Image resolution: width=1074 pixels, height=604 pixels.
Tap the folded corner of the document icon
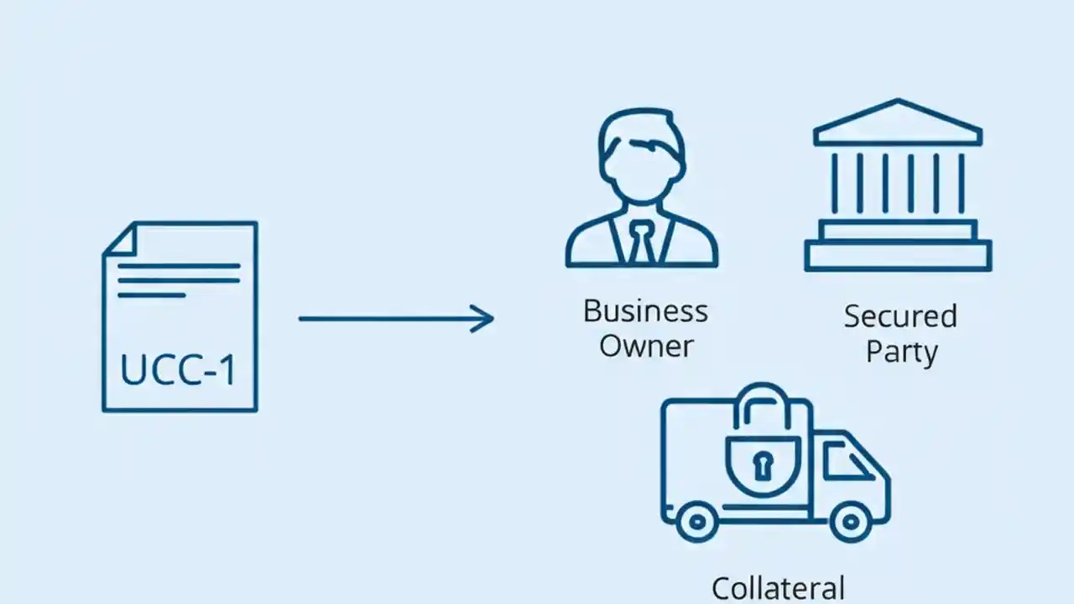(119, 238)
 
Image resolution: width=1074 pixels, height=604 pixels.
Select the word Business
(645, 311)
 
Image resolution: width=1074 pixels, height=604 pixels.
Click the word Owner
(646, 346)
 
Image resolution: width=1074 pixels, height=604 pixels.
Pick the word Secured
(900, 316)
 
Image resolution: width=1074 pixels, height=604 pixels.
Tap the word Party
(901, 351)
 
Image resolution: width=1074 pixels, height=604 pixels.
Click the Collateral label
(778, 587)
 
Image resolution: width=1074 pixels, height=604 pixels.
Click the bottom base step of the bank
(898, 255)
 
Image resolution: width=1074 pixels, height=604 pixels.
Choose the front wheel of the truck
(850, 523)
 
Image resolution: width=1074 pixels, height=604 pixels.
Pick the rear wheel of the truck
(697, 523)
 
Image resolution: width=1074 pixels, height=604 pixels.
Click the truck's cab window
(843, 461)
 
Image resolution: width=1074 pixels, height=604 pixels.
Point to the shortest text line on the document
(151, 295)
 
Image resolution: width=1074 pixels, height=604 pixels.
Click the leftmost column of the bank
(835, 183)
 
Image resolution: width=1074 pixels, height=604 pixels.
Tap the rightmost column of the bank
(961, 183)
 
